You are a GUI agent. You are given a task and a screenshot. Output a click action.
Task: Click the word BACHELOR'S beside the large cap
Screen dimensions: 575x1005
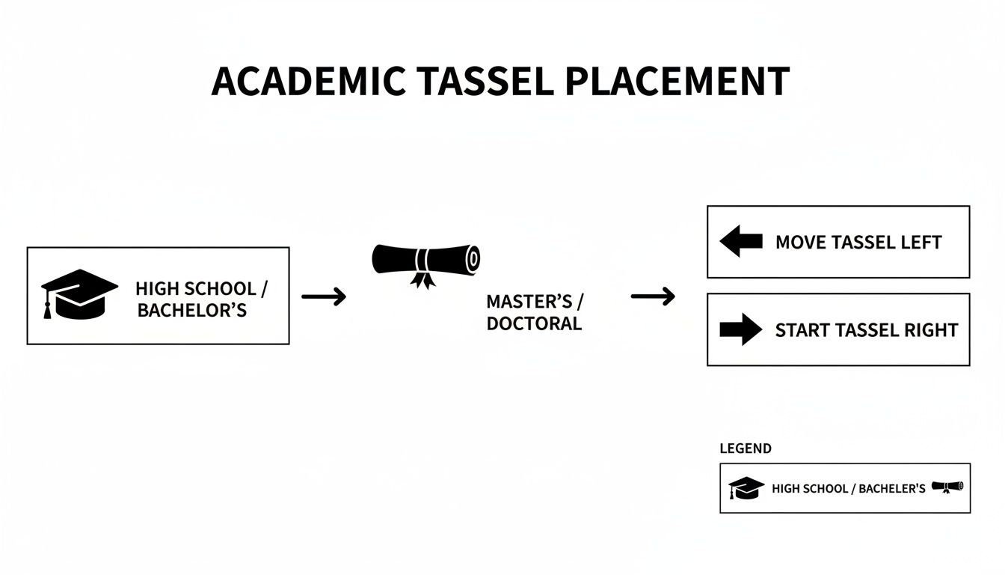[191, 311]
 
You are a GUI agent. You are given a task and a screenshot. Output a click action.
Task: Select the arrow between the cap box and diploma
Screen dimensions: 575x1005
[324, 297]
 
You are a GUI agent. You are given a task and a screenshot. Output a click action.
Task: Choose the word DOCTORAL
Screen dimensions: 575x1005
[533, 324]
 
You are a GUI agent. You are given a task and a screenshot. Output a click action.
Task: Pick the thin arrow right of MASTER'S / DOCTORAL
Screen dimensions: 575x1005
[653, 297]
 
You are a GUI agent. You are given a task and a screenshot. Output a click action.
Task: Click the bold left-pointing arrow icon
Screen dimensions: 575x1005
[740, 242]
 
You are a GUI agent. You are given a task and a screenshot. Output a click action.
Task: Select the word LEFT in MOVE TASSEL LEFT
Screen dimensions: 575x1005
[922, 243]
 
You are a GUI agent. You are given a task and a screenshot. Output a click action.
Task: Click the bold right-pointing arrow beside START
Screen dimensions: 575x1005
[740, 329]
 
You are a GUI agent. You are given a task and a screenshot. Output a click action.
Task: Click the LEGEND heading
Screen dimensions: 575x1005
[745, 448]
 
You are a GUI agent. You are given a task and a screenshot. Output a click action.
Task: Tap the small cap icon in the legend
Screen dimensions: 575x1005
[746, 488]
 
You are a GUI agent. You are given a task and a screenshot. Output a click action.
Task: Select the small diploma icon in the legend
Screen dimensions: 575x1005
[947, 487]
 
